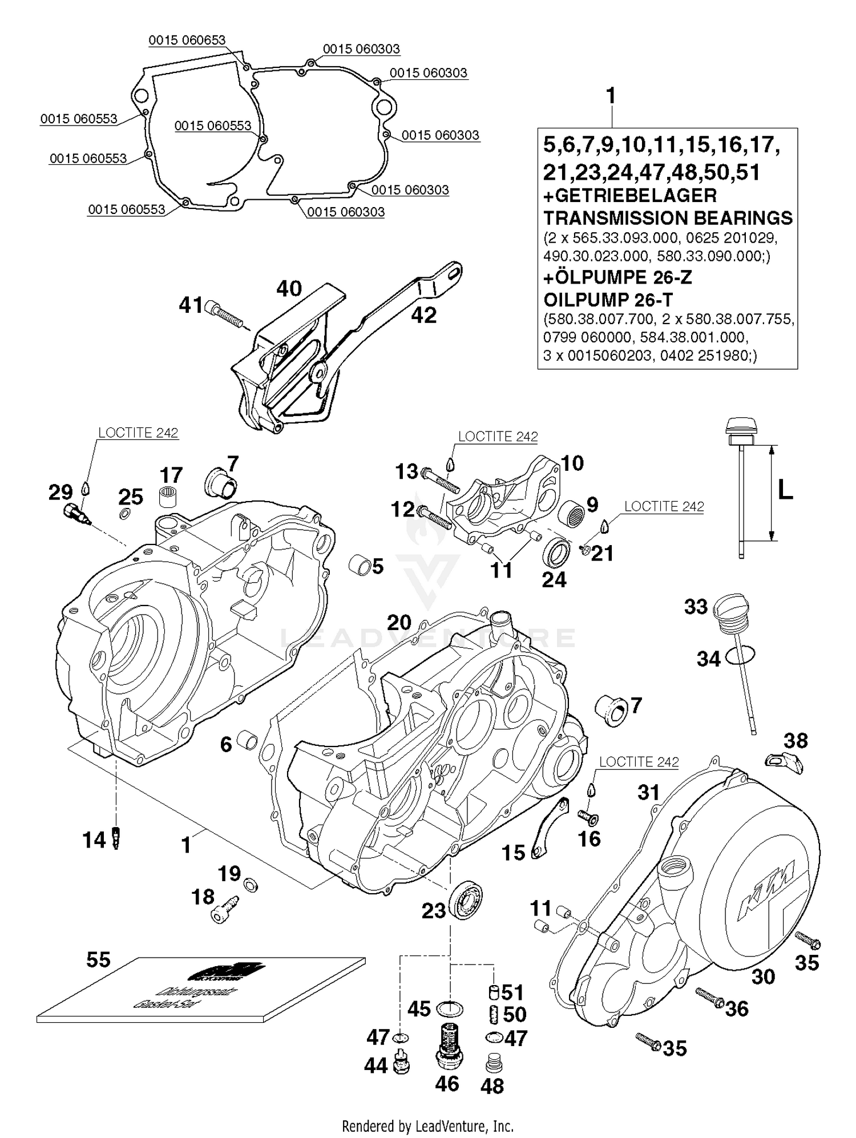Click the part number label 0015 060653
point(187,41)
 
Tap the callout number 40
point(289,289)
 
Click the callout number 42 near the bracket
point(423,314)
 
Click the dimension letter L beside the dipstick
point(785,491)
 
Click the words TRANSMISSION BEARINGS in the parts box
point(668,218)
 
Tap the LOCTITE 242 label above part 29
point(138,433)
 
